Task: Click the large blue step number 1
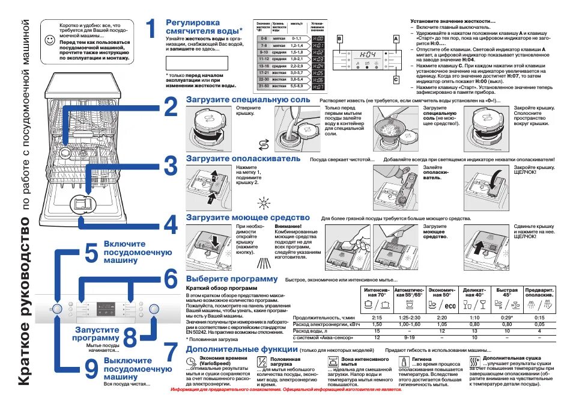coord(153,28)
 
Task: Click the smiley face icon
coord(50,40)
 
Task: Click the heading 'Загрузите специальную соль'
coord(248,99)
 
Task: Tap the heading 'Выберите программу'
coord(232,279)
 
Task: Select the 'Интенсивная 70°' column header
coord(377,293)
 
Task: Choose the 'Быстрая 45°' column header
coord(506,293)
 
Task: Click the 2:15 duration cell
coord(377,317)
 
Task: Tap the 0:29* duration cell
coord(506,317)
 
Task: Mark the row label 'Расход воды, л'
coord(312,331)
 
